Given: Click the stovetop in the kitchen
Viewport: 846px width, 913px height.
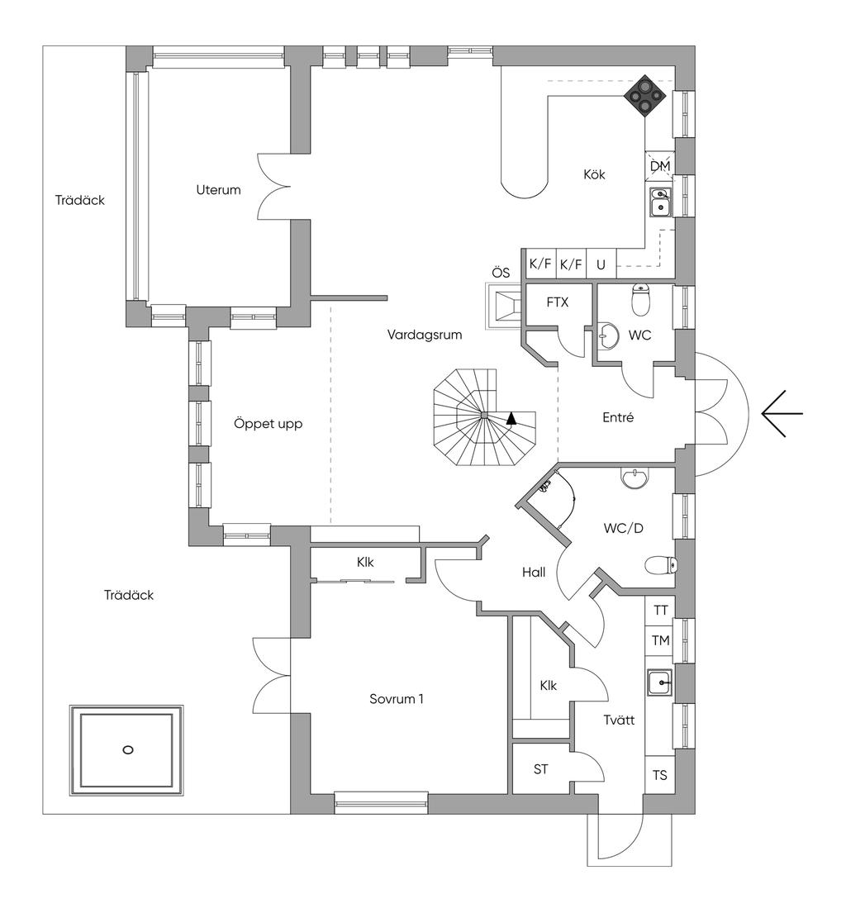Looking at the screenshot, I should click(x=644, y=97).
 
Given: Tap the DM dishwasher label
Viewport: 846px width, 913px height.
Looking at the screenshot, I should click(x=659, y=167).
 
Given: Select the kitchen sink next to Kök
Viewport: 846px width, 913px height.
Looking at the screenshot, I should click(x=660, y=202).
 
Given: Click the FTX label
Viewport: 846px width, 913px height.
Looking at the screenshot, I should click(x=558, y=302).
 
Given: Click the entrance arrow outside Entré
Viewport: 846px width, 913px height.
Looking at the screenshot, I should click(x=781, y=412).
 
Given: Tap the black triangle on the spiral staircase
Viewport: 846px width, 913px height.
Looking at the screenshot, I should click(x=511, y=418).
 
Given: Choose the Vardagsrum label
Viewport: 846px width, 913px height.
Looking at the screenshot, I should click(x=425, y=335).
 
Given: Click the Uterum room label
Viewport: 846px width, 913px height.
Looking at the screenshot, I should click(x=219, y=189).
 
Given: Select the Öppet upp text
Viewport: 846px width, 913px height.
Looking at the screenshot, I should click(x=268, y=424).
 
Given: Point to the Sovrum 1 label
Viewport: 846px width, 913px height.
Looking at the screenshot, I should click(x=397, y=699).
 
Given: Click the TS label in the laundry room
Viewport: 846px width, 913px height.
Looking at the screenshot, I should click(x=660, y=775).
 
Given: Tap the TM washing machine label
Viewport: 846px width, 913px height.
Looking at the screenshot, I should click(x=660, y=640).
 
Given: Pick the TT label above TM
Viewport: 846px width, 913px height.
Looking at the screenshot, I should click(x=660, y=611).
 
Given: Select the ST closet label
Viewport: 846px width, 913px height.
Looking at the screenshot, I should click(x=541, y=769).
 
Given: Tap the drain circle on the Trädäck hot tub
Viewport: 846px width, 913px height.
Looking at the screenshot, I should click(x=127, y=749).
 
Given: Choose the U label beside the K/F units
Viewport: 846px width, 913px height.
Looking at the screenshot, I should click(x=601, y=265).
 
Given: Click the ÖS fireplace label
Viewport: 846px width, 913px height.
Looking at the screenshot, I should click(x=501, y=273).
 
